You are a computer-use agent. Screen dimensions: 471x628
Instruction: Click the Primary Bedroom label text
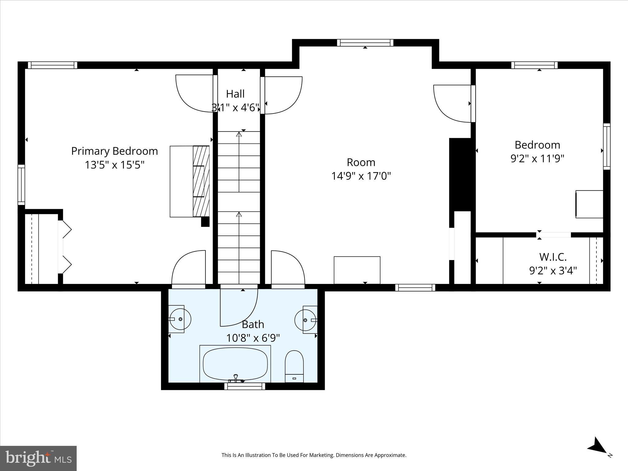[x=114, y=151]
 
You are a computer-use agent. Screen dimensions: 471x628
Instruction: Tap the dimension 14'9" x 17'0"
[x=361, y=176]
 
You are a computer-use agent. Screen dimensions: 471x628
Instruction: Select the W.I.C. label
[x=553, y=257]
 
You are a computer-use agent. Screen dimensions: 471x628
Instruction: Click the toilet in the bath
[x=294, y=366]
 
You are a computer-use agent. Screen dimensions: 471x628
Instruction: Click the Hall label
[x=235, y=94]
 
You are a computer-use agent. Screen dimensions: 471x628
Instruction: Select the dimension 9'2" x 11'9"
[x=537, y=159]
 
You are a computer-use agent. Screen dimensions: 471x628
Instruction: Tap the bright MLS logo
[x=38, y=458]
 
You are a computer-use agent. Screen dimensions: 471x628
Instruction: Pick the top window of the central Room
[x=365, y=43]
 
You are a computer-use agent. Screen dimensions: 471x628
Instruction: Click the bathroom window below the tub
[x=244, y=386]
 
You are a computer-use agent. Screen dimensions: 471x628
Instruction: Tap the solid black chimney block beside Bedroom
[x=460, y=174]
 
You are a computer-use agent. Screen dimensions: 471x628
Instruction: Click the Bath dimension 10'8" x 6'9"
[x=253, y=338]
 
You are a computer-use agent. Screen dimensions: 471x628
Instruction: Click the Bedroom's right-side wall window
[x=607, y=146]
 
